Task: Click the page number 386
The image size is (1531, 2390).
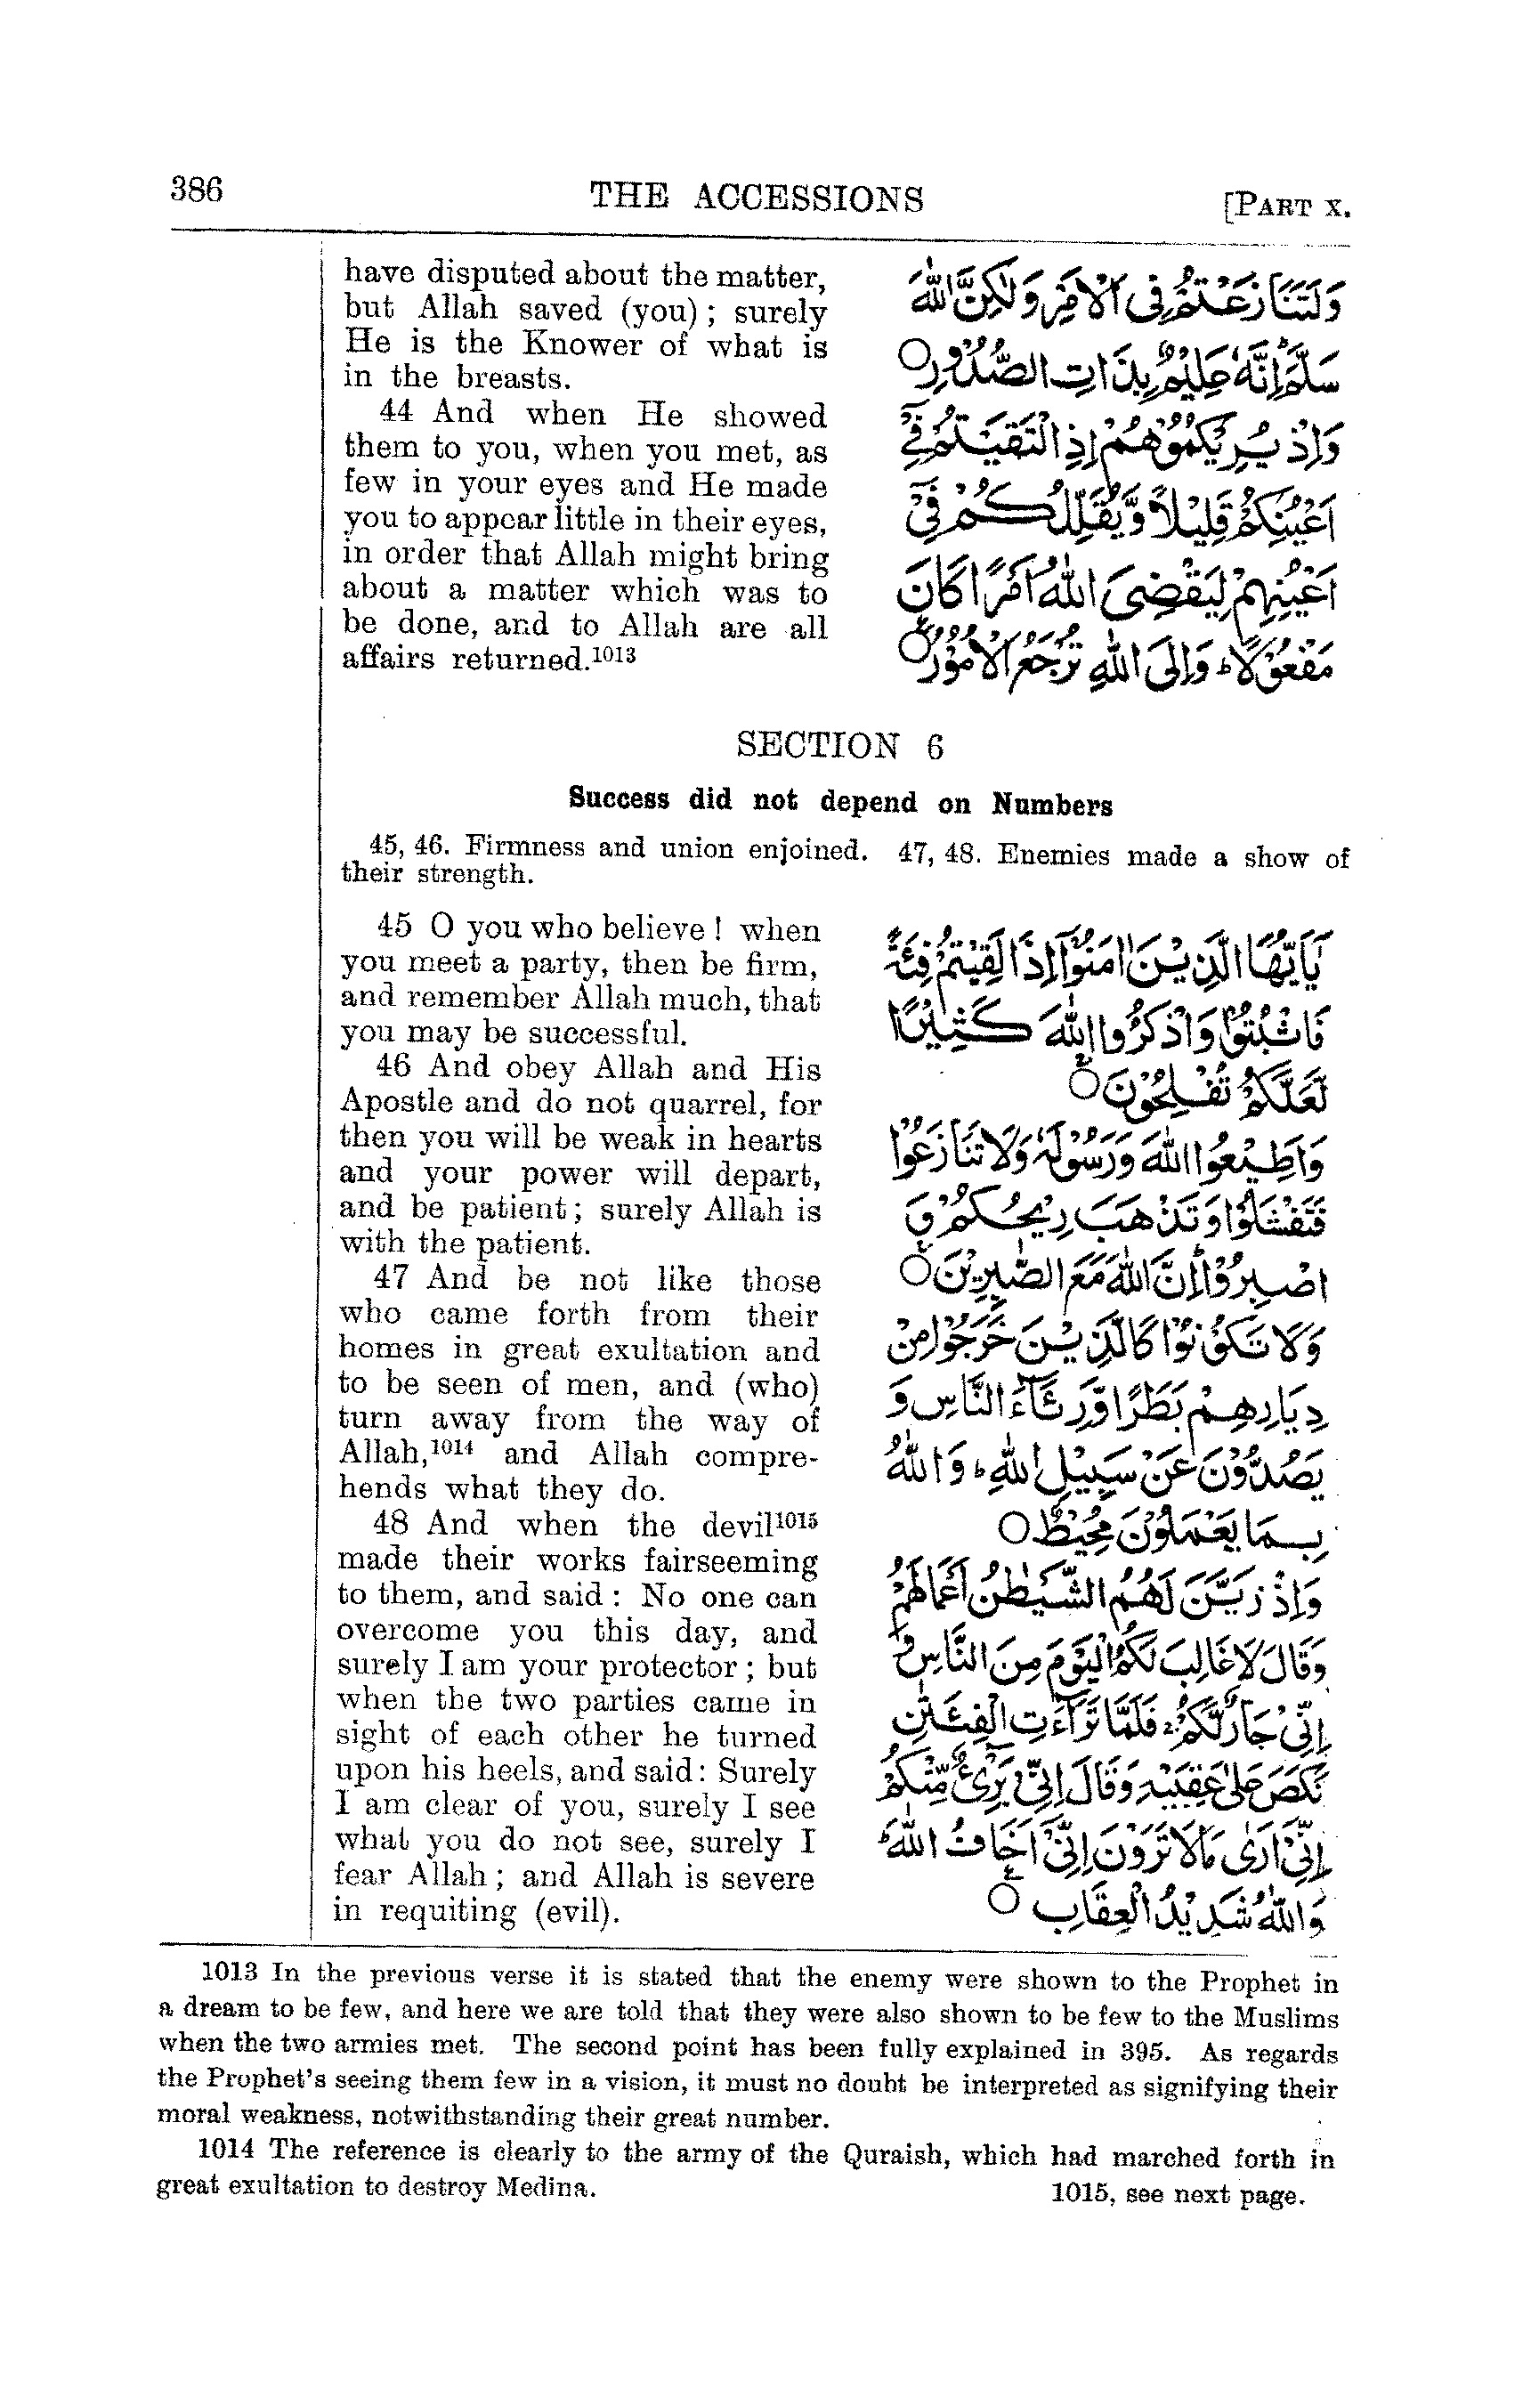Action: point(197,189)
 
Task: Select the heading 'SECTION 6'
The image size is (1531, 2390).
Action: point(839,746)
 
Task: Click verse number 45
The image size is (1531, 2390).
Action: point(393,926)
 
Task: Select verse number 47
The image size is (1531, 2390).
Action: point(392,1277)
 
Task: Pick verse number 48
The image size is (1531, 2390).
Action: point(392,1523)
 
